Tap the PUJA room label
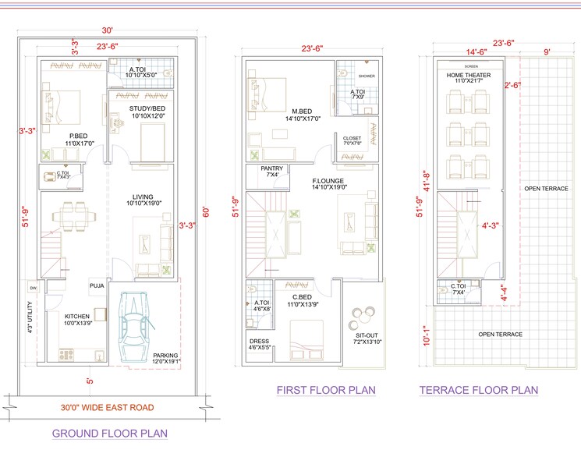click(97, 285)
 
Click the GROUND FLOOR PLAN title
click(109, 433)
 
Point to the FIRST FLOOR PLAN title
click(326, 390)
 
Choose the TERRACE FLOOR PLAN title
click(478, 390)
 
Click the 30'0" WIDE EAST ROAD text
click(108, 407)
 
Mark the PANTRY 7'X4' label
click(272, 172)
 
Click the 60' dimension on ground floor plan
click(206, 211)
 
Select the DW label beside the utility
click(33, 289)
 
